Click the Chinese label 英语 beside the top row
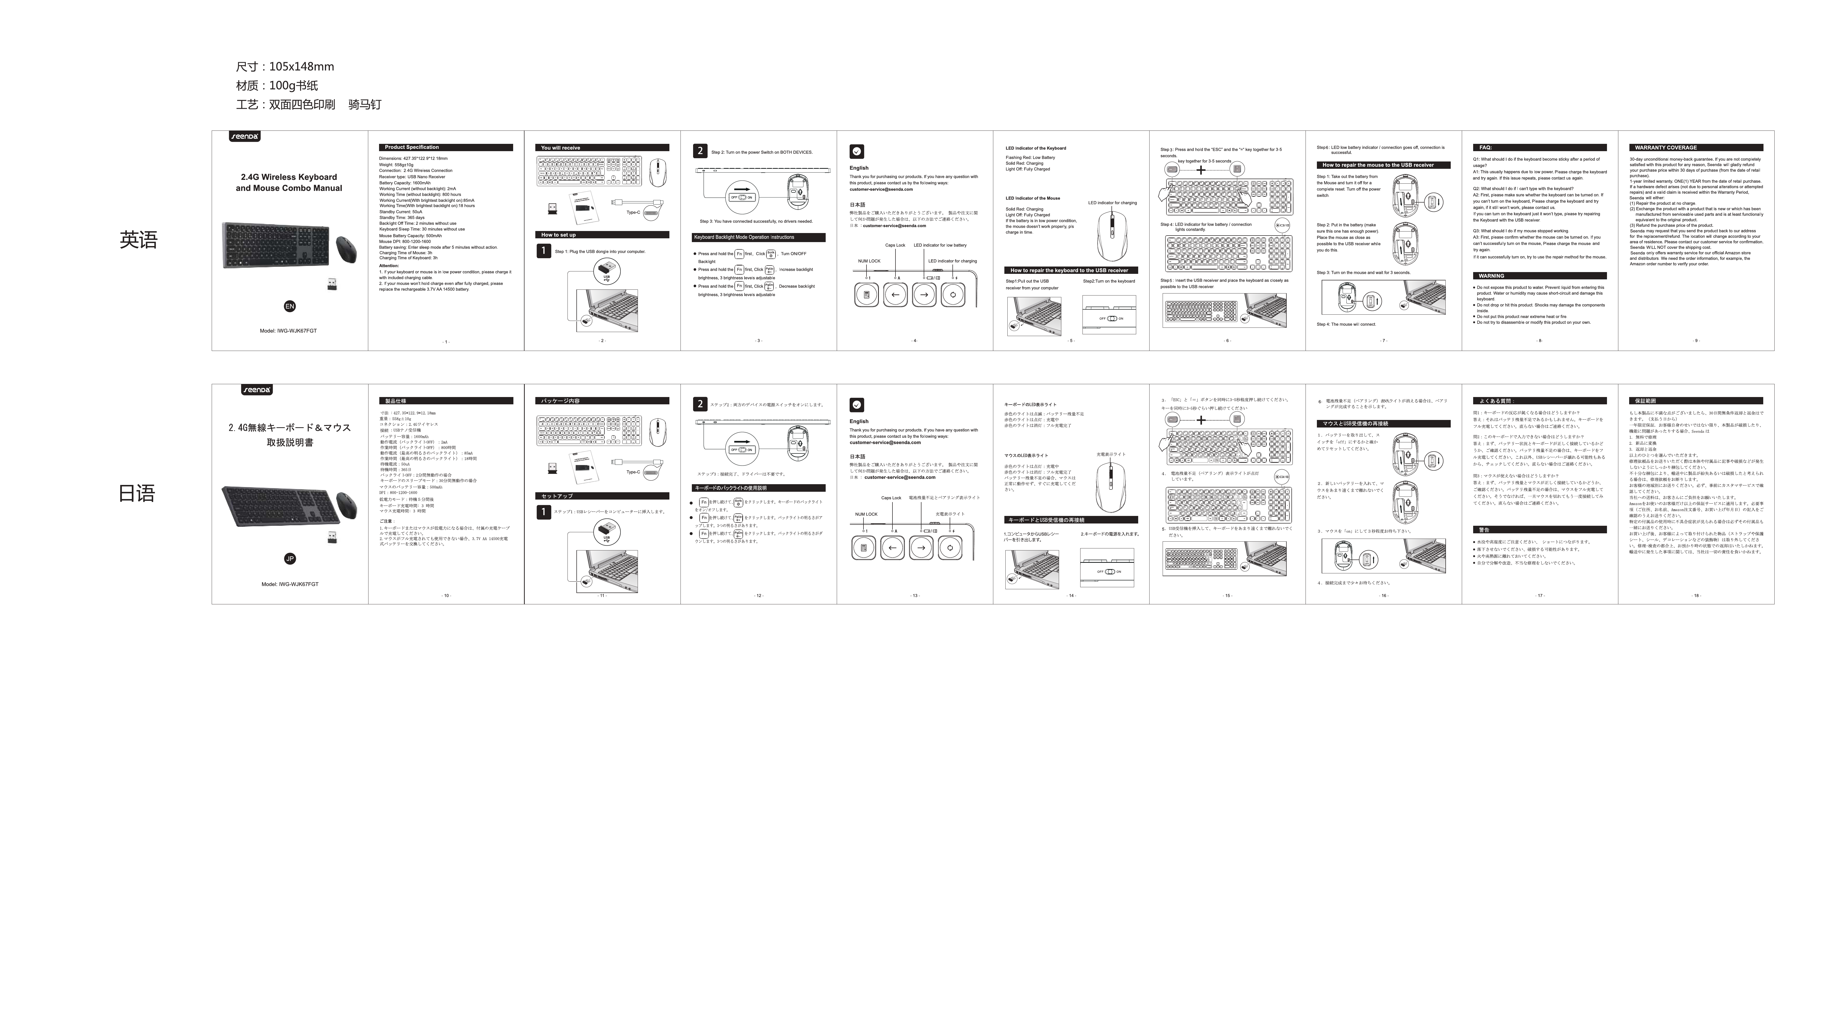[138, 240]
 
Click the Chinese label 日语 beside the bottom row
[137, 494]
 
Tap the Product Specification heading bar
[445, 147]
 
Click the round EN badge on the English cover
[289, 306]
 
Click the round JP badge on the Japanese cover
[289, 559]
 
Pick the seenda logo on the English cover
[244, 136]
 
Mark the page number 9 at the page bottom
[1696, 341]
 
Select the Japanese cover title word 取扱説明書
[289, 443]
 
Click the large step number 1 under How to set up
[544, 251]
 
